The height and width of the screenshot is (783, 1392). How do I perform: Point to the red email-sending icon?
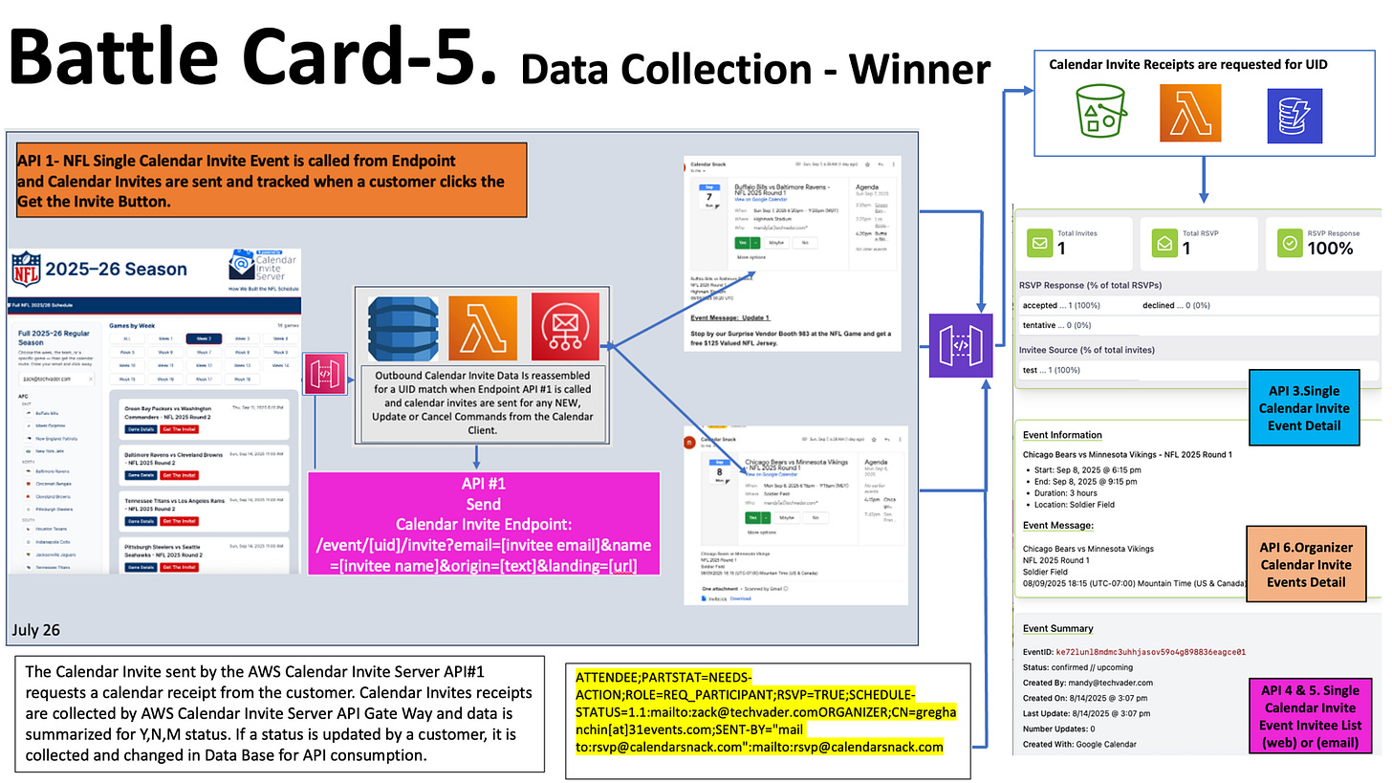pos(565,328)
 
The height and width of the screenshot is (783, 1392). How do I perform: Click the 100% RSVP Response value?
pos(1331,248)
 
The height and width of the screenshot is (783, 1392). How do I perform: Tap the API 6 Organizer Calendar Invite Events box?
pos(1305,564)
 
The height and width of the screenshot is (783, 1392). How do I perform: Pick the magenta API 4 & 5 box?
pos(1310,715)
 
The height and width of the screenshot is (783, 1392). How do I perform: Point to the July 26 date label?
pos(37,629)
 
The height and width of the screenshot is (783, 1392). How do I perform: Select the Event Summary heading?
pos(1057,628)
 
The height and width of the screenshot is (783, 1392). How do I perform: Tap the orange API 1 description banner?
pos(262,181)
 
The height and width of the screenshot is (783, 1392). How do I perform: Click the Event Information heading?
pos(1062,435)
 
